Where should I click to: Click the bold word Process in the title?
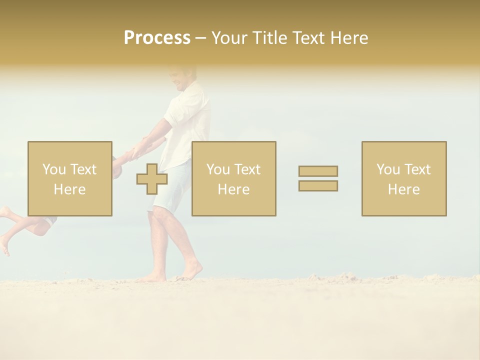157,38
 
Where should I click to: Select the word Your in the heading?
230,38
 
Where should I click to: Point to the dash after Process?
200,38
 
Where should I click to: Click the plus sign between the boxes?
152,179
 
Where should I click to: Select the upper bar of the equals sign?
318,171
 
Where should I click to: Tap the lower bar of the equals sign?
318,186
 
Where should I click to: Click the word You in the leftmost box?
53,169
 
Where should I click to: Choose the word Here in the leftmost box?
69,189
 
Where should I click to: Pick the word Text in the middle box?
247,169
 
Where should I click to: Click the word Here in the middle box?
233,189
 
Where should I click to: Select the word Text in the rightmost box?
417,169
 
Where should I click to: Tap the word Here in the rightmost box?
403,189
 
